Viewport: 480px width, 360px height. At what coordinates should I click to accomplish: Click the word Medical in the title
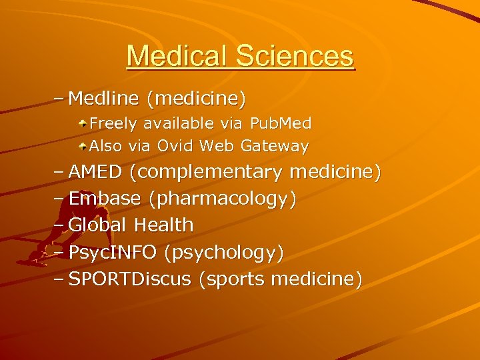pos(171,55)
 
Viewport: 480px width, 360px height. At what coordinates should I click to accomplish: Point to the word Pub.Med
pos(281,123)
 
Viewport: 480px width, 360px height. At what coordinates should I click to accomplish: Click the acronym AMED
pos(95,172)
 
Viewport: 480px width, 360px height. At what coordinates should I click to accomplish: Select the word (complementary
pos(206,172)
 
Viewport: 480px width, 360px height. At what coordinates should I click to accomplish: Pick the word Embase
pos(105,199)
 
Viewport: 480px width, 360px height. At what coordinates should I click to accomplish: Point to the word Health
pos(164,225)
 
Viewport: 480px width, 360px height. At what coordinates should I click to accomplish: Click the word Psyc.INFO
pos(113,253)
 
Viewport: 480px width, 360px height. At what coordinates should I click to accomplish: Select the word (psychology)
pos(223,253)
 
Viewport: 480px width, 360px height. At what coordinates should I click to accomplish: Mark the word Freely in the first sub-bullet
pos(114,123)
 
